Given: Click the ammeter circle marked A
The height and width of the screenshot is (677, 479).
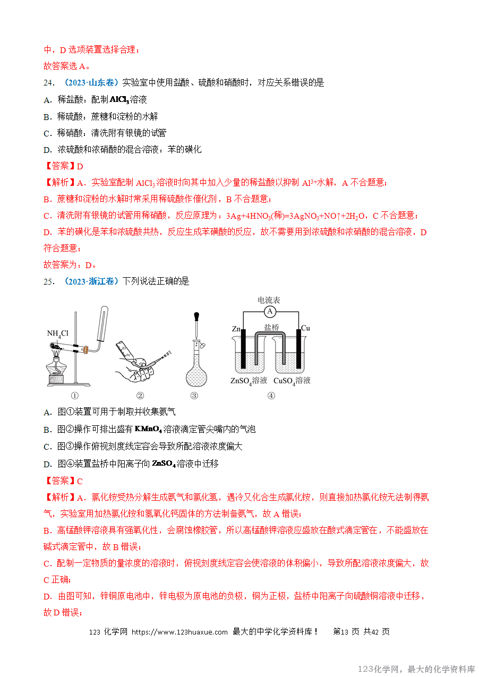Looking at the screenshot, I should [x=270, y=311].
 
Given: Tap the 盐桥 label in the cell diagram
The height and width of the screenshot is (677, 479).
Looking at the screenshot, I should [x=271, y=328].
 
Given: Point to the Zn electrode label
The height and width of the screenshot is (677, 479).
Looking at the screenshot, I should [x=237, y=329].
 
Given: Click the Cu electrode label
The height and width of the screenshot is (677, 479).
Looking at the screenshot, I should [x=305, y=328].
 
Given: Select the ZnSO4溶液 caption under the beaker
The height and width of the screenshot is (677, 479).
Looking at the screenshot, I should [x=249, y=381].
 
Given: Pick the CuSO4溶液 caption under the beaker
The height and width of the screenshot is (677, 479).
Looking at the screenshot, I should [x=292, y=381].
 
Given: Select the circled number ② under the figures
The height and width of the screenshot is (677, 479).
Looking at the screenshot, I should [x=140, y=396].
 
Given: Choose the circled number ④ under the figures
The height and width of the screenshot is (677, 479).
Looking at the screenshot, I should [x=271, y=396].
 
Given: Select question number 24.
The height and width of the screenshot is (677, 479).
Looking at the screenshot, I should [x=49, y=83].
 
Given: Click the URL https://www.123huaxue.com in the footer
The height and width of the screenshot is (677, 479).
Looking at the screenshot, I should [x=179, y=632].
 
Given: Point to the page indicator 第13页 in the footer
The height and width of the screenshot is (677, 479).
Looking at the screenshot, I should [x=346, y=632].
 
